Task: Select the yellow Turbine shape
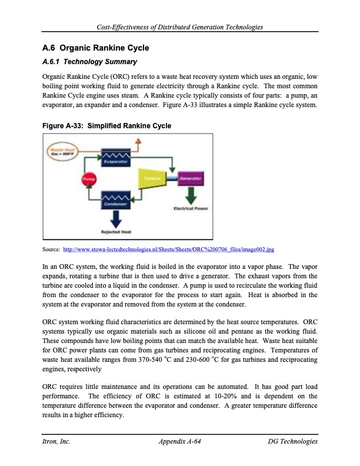[151, 178]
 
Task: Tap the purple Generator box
[189, 178]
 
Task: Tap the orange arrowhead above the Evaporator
[138, 142]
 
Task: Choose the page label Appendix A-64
[181, 441]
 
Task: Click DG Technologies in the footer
[292, 441]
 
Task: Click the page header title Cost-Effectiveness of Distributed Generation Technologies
[180, 26]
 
